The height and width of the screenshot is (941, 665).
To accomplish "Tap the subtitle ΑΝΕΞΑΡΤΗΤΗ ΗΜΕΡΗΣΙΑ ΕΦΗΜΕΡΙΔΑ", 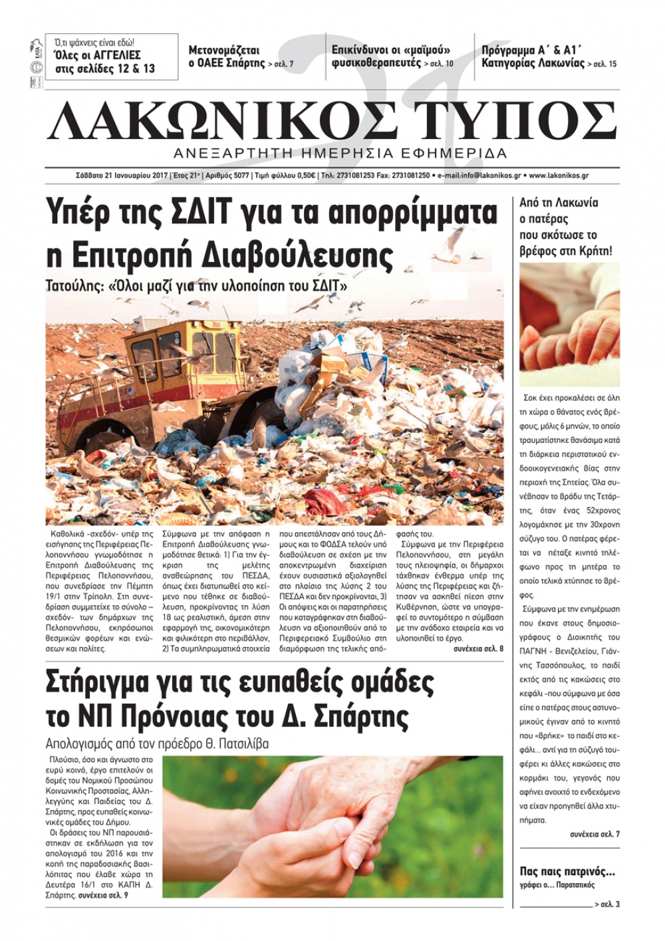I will click(x=340, y=154).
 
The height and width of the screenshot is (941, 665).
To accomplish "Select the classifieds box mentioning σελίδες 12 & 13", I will click(x=112, y=57).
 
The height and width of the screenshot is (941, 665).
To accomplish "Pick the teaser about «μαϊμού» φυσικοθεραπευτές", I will click(x=392, y=57).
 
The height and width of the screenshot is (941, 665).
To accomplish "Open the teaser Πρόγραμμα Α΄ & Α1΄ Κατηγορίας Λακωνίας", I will click(x=549, y=57).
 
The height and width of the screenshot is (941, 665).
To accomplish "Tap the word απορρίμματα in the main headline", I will click(x=412, y=213).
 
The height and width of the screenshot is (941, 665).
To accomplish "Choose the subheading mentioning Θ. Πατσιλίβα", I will click(x=157, y=743).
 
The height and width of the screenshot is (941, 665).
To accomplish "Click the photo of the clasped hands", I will click(x=332, y=826).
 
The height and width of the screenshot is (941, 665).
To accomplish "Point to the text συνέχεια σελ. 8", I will click(x=478, y=648).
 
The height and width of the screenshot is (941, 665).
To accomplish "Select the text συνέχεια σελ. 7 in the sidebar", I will click(x=595, y=834).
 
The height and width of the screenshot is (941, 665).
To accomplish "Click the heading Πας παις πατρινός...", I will click(x=567, y=872).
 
